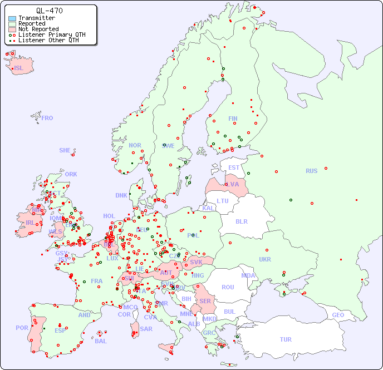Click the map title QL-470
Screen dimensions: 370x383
[x=49, y=11]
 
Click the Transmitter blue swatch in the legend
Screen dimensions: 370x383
[x=12, y=18]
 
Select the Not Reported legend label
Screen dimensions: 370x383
[x=38, y=29]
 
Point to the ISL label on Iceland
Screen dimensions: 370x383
[x=19, y=68]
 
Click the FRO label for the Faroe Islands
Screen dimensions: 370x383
[x=47, y=118]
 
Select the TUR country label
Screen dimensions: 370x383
[x=286, y=339]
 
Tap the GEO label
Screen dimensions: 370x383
[x=338, y=315]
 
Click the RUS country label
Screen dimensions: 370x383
[x=311, y=171]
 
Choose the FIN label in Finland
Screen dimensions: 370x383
[x=233, y=119]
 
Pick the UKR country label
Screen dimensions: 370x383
[x=265, y=259]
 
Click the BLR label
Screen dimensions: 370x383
[x=242, y=221]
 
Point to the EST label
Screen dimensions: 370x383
[x=234, y=167]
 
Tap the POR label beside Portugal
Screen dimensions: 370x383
[x=22, y=328]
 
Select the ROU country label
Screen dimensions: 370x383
[x=228, y=287]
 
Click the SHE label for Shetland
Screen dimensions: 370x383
[x=65, y=150]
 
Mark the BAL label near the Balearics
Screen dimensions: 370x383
[x=101, y=341]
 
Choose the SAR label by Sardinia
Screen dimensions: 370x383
[x=146, y=328]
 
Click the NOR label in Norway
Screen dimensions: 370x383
[x=135, y=145]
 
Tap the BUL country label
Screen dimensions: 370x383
[x=229, y=312]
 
